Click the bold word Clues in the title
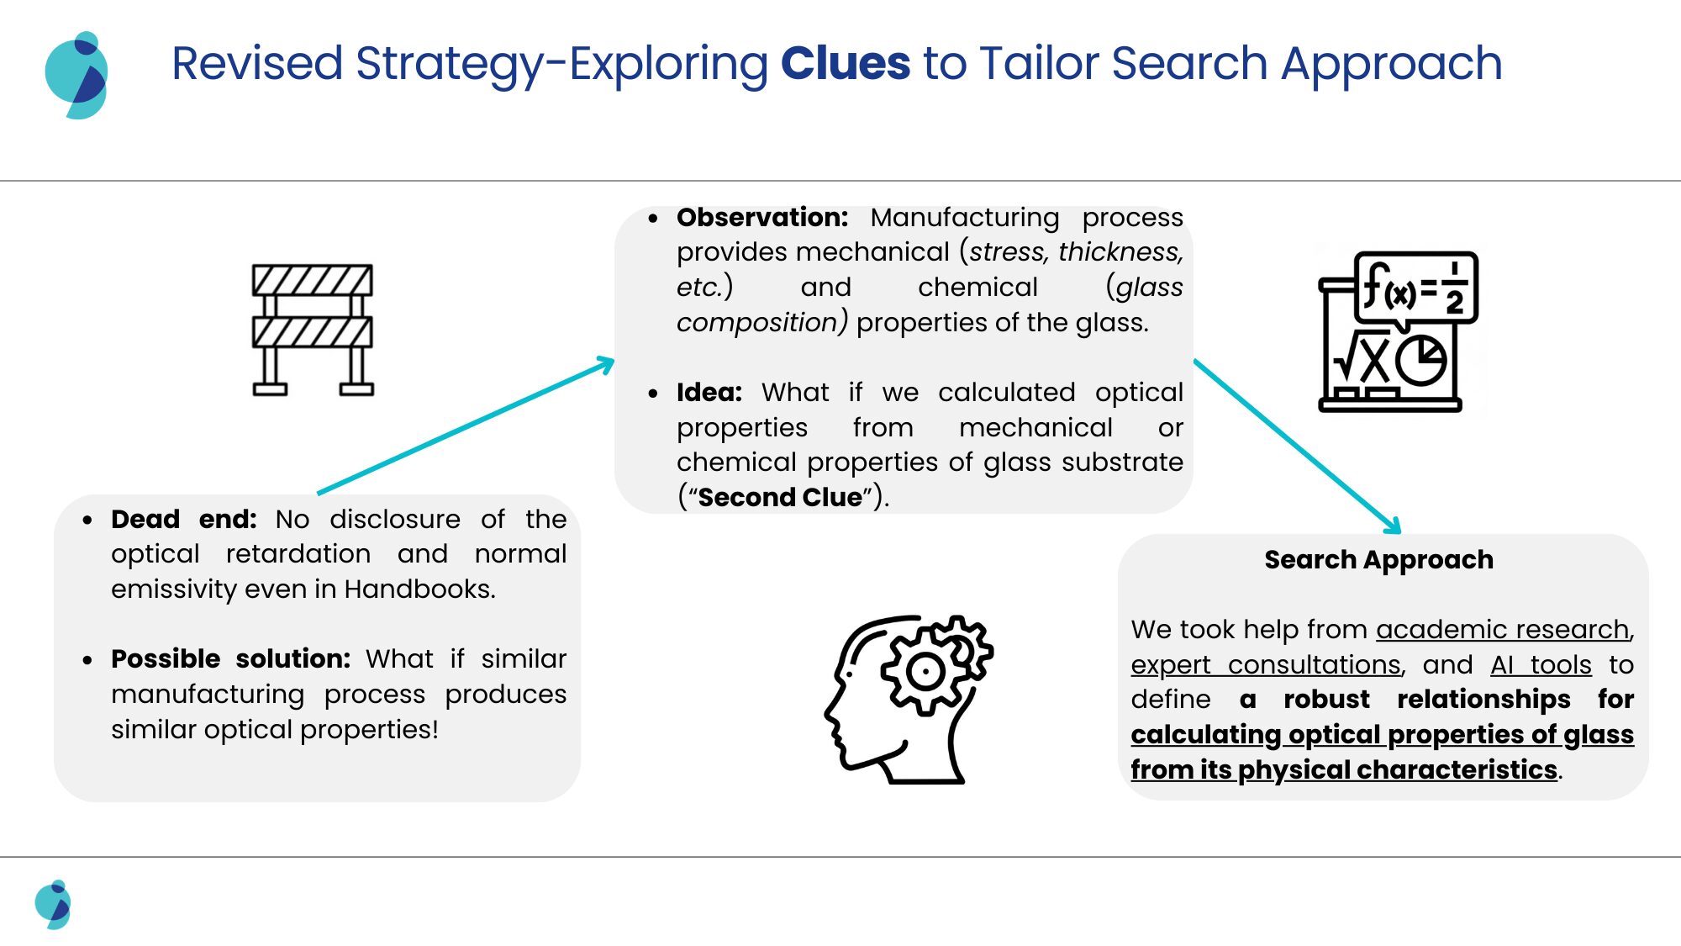(845, 64)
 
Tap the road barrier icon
(313, 330)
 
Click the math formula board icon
(1398, 331)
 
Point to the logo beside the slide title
(76, 76)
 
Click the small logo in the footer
(53, 904)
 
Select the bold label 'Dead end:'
(183, 519)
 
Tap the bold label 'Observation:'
(761, 217)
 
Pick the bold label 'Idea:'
(709, 392)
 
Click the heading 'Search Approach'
(1378, 559)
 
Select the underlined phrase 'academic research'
(1502, 629)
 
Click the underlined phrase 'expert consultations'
(1265, 664)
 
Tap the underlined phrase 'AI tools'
(1541, 664)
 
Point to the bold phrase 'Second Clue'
(780, 497)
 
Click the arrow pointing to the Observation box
(466, 426)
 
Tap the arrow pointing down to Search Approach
(1297, 446)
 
